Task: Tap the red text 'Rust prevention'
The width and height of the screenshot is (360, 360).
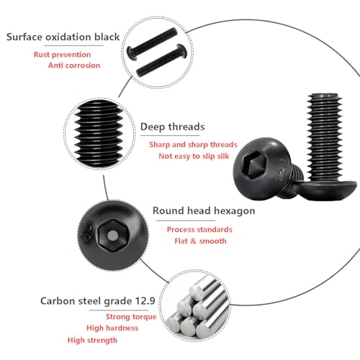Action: (62, 54)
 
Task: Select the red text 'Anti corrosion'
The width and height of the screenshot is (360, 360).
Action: (74, 66)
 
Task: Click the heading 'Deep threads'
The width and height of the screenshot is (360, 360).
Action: (172, 127)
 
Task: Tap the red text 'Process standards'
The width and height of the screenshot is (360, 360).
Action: (199, 229)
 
